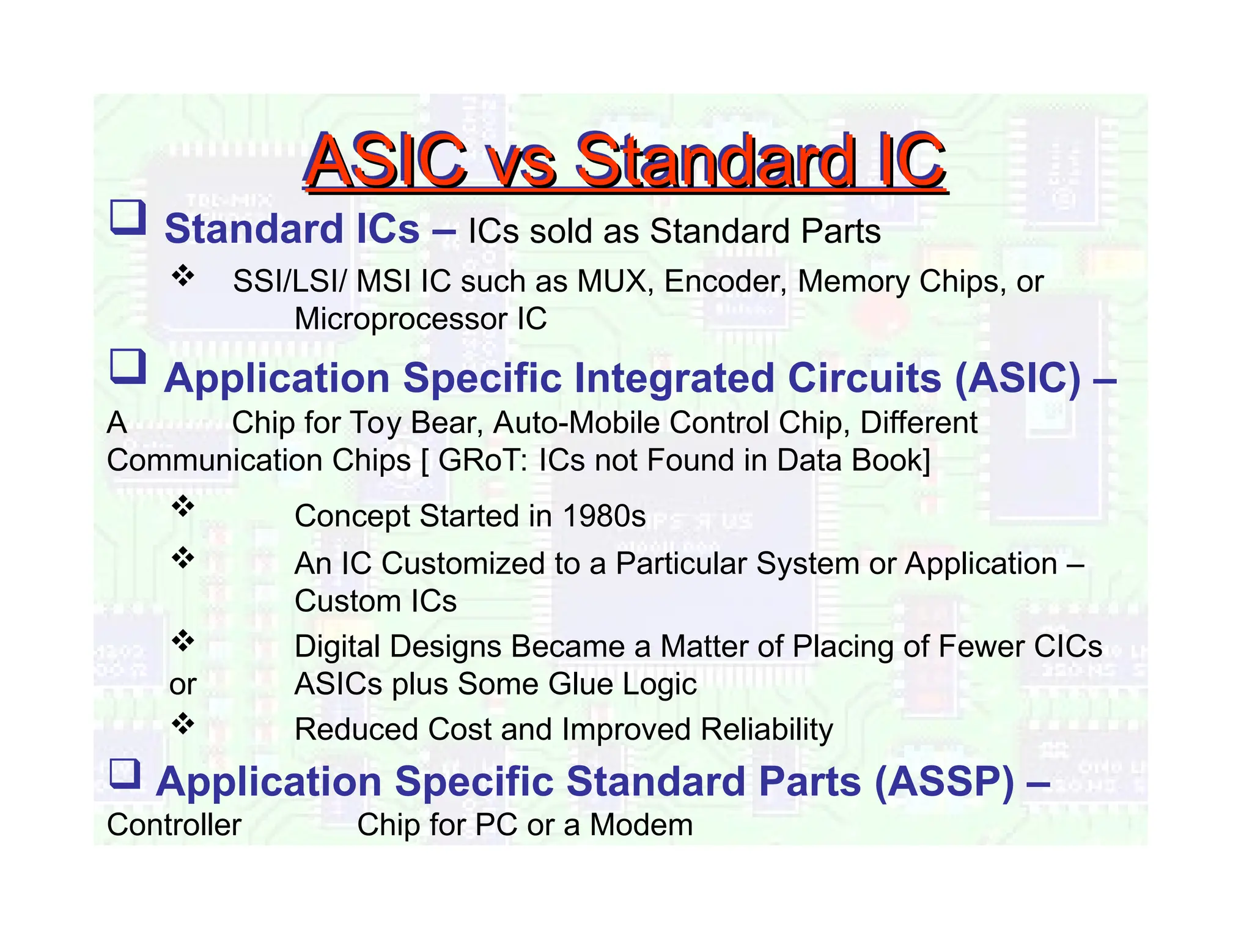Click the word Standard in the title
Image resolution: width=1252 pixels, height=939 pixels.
coord(716,160)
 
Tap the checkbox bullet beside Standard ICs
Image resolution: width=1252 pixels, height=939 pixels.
coord(128,218)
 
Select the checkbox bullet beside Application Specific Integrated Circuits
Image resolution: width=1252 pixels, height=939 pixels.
coord(128,367)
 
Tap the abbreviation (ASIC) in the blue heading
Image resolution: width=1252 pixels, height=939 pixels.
coord(1017,378)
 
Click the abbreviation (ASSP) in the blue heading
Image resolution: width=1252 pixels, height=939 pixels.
coord(944,782)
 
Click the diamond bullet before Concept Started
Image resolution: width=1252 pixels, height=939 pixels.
coord(183,507)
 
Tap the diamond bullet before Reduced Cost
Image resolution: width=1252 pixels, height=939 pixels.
coord(183,724)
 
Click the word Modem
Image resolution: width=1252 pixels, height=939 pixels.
coord(641,825)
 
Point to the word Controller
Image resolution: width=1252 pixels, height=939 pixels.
coord(174,825)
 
